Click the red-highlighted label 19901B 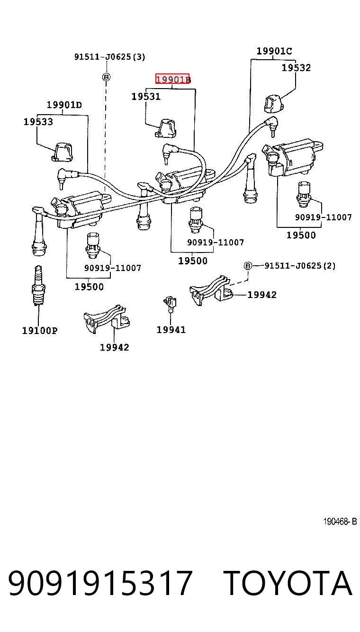coord(173,79)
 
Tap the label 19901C coord(274,51)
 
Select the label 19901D coord(64,105)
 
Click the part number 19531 coord(146,97)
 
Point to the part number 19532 coord(296,68)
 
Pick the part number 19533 coord(38,122)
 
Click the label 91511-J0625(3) coord(110,57)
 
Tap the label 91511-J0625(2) coord(300,266)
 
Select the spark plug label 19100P coord(40,330)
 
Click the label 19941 coord(171,330)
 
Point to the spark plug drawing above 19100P coord(38,285)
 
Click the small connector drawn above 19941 coord(170,304)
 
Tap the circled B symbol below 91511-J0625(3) coord(106,77)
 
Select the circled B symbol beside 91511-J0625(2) coord(248,266)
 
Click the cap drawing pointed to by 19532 coord(274,104)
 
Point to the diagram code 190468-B coord(340,521)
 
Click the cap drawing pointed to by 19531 coord(165,128)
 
